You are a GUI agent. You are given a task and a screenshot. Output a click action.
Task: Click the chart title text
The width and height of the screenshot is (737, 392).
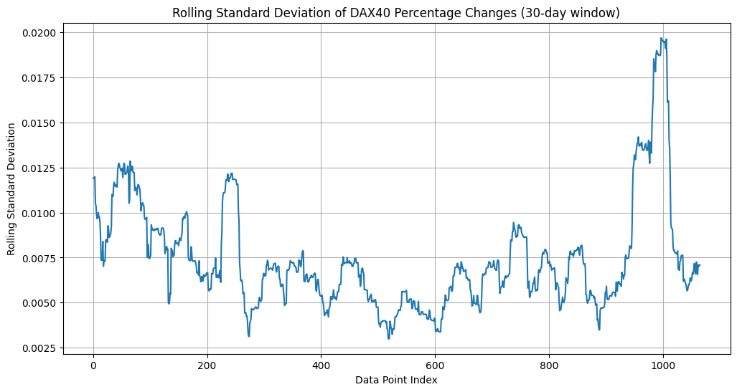[x=396, y=12]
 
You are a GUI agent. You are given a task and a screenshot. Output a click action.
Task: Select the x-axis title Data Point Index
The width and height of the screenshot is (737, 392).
[x=396, y=380]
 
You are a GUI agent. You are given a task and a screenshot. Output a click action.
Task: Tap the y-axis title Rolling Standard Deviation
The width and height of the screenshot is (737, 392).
[x=11, y=189]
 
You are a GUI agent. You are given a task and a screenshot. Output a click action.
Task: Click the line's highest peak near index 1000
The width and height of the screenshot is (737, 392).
[x=660, y=39]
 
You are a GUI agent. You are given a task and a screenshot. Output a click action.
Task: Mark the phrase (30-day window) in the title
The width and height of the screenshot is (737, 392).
[x=579, y=12]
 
